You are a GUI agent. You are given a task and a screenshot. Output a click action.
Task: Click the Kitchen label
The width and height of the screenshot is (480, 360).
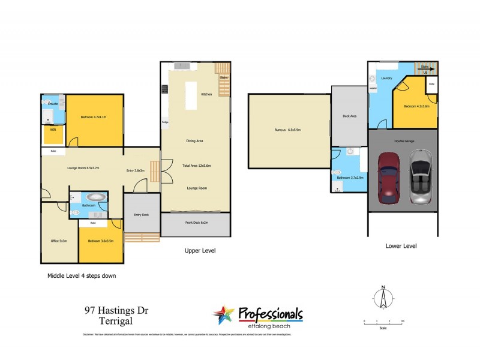(206, 95)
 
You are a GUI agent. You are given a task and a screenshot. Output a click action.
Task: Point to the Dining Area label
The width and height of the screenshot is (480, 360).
(195, 141)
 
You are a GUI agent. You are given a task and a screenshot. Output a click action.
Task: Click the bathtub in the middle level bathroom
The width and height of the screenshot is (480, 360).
(95, 197)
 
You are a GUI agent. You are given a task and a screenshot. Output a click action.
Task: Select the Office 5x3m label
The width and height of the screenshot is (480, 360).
(59, 241)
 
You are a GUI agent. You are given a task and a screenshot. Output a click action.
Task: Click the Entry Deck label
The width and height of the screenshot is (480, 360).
(142, 214)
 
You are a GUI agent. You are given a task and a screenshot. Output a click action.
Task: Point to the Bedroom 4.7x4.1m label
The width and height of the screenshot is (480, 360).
(93, 117)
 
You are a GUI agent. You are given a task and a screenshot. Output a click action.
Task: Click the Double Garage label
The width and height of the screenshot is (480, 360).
(404, 141)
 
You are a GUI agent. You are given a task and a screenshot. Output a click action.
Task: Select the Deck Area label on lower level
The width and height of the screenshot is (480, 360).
(349, 116)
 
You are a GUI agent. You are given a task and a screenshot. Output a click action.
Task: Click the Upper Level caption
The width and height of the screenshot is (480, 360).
(200, 250)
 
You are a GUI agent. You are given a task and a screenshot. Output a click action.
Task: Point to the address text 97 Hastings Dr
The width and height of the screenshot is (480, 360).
(116, 311)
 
